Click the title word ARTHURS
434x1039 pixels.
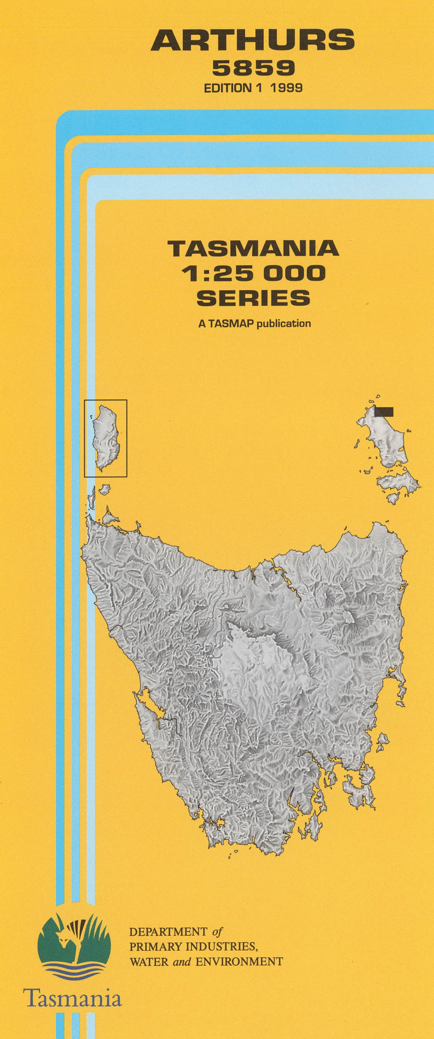coord(253,41)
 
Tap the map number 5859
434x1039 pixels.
coord(253,68)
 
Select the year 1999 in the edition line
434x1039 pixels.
coord(286,88)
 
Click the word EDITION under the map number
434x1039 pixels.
coord(227,88)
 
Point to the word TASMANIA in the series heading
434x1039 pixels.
coord(253,248)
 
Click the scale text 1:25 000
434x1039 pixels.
coord(253,274)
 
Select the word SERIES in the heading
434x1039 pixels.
coord(253,298)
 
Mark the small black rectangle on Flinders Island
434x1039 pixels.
coord(383,411)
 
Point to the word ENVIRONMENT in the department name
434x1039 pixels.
coord(239,961)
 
